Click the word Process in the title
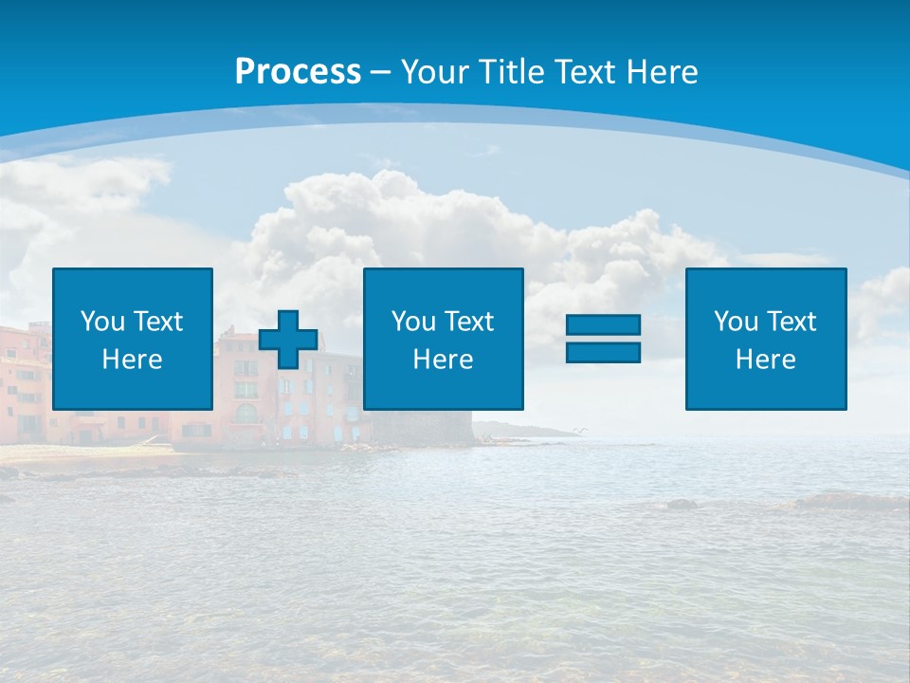[x=298, y=72]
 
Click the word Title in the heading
[x=512, y=72]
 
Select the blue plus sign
[x=288, y=339]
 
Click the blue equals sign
[x=603, y=339]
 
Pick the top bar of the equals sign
[x=603, y=325]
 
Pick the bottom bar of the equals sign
[x=603, y=352]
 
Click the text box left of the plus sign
[x=133, y=339]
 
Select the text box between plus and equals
[x=443, y=339]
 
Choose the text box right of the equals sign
[x=765, y=339]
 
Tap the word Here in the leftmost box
[x=133, y=360]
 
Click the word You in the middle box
[x=413, y=322]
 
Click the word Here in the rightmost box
[x=765, y=360]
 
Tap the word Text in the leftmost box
[x=157, y=322]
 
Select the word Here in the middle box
[x=443, y=360]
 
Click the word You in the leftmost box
[x=102, y=322]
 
